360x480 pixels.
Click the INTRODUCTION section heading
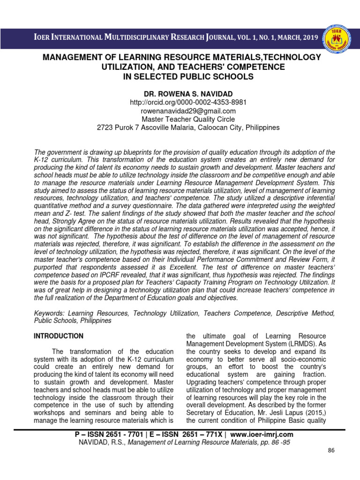tap(59, 336)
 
